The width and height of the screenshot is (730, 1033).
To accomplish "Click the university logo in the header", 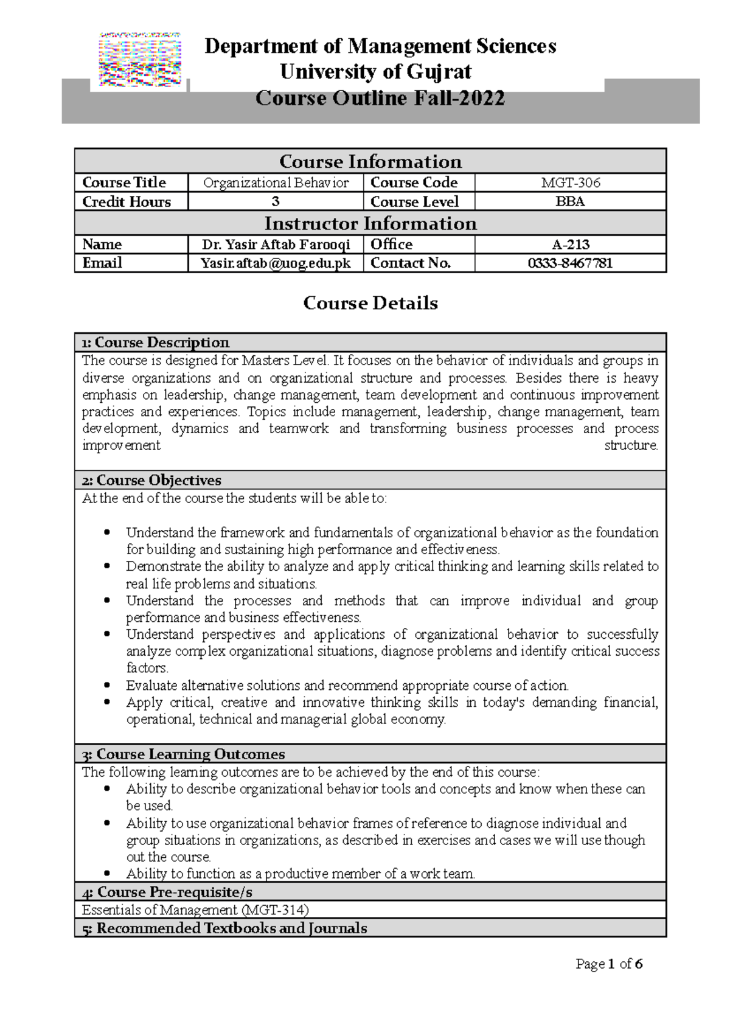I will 140,60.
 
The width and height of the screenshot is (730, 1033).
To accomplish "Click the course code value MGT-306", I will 570,183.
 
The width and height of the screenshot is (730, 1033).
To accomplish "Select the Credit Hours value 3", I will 275,201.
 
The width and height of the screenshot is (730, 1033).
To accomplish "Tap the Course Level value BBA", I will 570,201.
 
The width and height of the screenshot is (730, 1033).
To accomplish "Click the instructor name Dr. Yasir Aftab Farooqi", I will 276,245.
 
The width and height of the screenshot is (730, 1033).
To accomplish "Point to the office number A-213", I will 570,245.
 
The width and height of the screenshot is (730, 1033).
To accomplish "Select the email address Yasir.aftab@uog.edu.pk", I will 276,263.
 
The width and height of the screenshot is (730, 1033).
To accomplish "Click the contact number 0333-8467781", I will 570,263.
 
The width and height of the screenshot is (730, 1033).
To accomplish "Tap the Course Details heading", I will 370,303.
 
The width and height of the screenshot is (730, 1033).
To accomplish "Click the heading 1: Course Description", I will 156,343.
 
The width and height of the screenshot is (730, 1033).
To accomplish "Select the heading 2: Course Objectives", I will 151,480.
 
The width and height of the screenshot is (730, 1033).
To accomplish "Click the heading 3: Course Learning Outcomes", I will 183,754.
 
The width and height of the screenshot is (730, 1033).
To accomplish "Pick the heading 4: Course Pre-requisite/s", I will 167,892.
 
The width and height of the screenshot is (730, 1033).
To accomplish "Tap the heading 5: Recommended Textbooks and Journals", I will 224,928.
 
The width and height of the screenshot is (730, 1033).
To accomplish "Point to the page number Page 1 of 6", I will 609,964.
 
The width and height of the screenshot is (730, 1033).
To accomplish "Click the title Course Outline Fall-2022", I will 380,98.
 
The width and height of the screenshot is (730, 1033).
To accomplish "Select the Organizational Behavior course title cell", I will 276,183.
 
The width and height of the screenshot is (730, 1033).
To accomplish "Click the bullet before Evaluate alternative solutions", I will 108,685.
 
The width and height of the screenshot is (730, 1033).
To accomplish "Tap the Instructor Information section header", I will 370,223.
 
